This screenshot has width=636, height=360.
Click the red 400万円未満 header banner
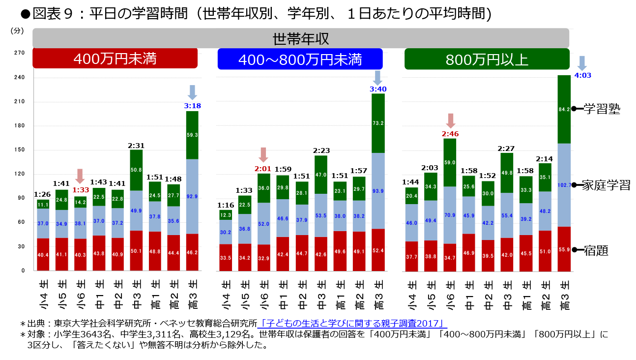tap(115, 59)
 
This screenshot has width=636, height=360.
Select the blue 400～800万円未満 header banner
tap(300, 59)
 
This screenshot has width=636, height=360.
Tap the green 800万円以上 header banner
tap(487, 59)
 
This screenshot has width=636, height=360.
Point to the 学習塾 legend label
tap(602, 109)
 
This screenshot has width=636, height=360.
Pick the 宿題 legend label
tap(596, 251)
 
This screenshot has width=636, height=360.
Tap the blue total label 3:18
tap(192, 105)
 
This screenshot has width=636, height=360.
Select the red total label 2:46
tap(451, 133)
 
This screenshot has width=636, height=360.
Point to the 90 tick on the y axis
tap(21, 198)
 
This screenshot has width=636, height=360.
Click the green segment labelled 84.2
tap(564, 109)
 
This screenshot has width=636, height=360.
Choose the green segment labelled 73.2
tap(378, 123)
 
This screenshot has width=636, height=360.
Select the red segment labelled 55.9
tap(564, 250)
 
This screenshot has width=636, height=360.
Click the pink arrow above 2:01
tap(264, 154)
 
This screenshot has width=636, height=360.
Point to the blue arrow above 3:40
tap(378, 77)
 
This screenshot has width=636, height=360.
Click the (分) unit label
tap(17, 30)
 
